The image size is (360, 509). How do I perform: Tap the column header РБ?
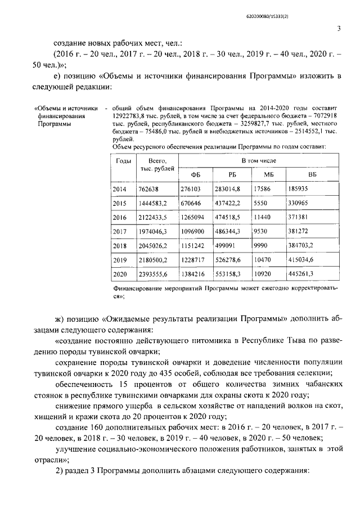point(232,175)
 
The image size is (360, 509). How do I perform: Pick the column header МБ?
point(268,175)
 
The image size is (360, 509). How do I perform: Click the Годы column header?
point(123,161)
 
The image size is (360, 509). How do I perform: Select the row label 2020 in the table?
point(120,274)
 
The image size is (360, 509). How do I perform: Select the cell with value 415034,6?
point(307,260)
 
